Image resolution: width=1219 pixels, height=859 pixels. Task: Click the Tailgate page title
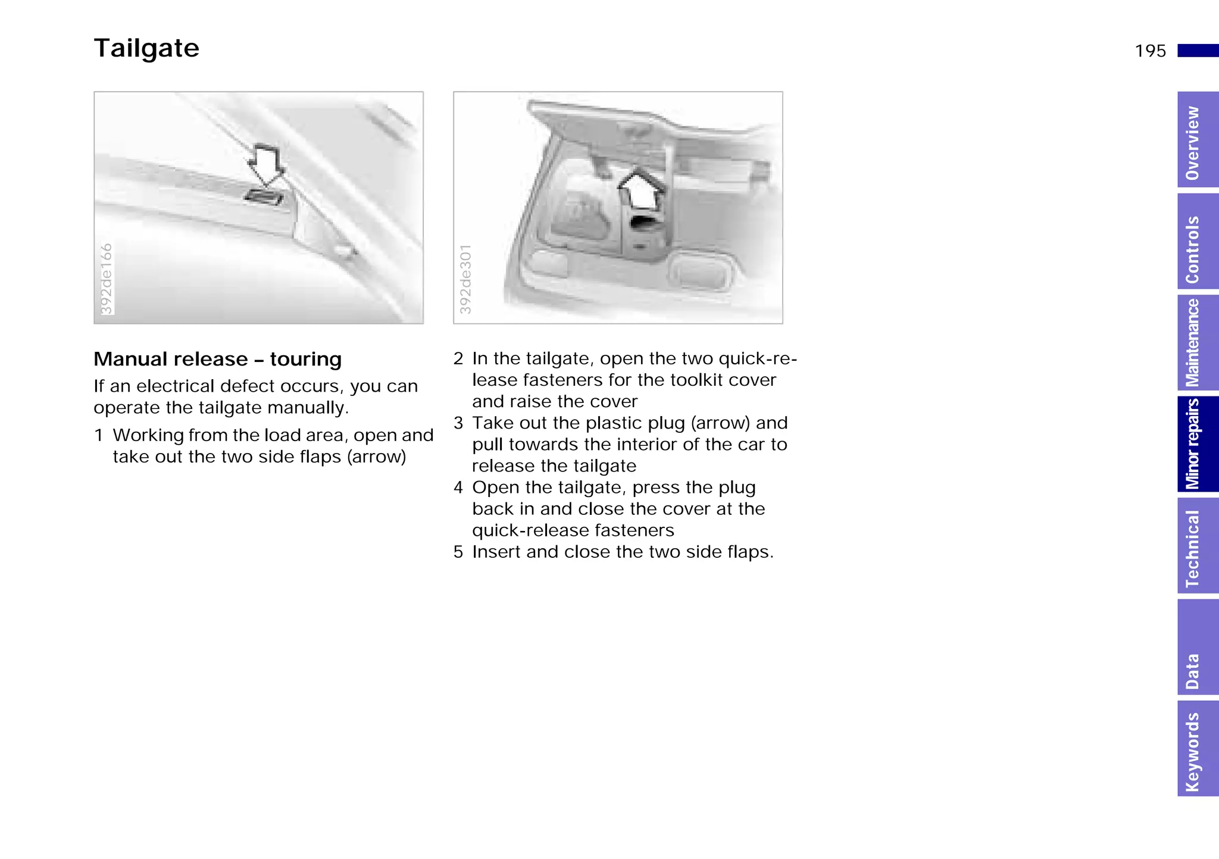[146, 48]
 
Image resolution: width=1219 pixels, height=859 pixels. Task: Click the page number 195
[1150, 51]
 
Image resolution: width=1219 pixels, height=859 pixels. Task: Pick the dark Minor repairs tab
[1197, 444]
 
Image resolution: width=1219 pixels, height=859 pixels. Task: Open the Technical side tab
[1197, 546]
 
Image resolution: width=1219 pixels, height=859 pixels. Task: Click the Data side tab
[1197, 648]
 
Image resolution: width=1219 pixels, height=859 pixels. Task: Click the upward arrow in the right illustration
[640, 189]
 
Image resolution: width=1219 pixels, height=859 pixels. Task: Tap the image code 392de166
[106, 279]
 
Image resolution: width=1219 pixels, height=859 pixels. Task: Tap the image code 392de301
[465, 279]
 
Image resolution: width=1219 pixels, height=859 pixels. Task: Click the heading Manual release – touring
[217, 360]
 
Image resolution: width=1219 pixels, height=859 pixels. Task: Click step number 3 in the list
[458, 423]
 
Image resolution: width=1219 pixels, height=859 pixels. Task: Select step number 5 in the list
[458, 552]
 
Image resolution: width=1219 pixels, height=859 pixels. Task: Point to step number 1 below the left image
[99, 435]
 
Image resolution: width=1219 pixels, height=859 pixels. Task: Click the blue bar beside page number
[1197, 51]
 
